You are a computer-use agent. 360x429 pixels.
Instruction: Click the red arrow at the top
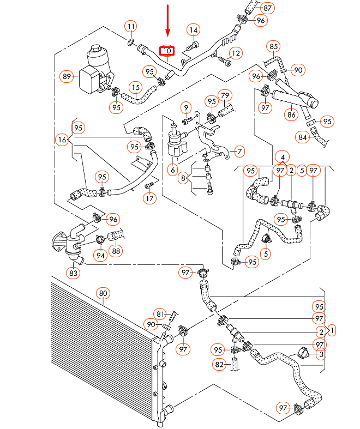[x=167, y=22]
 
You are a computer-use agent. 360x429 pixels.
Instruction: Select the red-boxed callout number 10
[x=166, y=51]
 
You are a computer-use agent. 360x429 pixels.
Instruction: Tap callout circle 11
[x=131, y=26]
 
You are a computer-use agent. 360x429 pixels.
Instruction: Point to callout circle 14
[x=194, y=30]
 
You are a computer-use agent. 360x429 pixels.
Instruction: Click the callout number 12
[x=235, y=53]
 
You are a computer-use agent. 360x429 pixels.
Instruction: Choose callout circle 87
[x=267, y=8]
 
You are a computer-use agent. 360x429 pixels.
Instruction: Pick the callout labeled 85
[x=274, y=47]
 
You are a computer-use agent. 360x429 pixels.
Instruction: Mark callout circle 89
[x=67, y=77]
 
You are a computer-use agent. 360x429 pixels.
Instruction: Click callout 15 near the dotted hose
[x=135, y=87]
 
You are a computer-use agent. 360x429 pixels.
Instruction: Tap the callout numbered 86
[x=292, y=115]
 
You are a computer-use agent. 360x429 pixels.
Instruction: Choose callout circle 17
[x=149, y=198]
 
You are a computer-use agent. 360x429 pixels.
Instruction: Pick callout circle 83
[x=74, y=271]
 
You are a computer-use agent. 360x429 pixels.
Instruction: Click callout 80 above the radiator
[x=103, y=293]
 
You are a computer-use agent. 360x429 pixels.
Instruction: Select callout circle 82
[x=218, y=364]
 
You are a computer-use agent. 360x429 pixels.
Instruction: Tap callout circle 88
[x=116, y=251]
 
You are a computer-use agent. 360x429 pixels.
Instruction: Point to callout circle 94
[x=100, y=254]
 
